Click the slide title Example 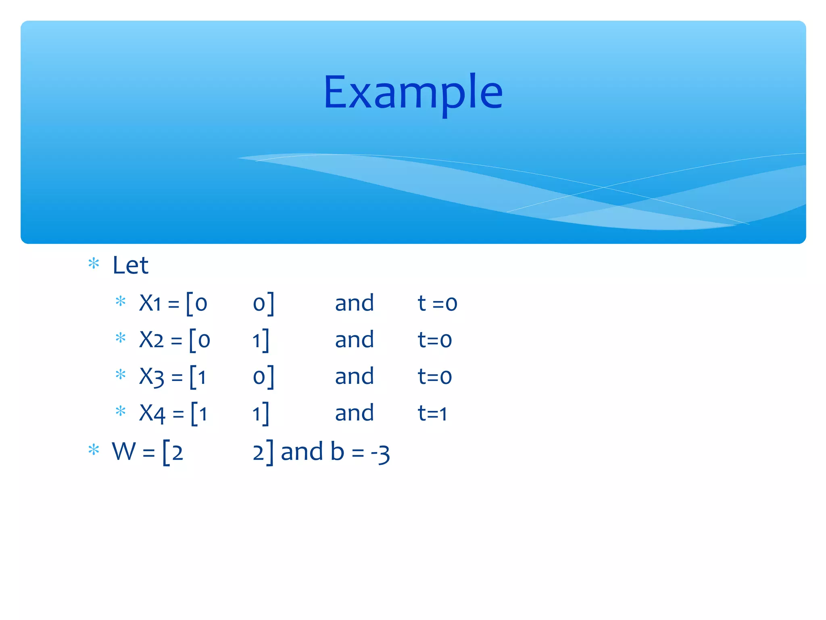pos(413,93)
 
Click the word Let pos(130,265)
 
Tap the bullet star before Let pos(94,264)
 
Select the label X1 pos(150,303)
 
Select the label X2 pos(151,339)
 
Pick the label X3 pos(152,377)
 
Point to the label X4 pos(152,413)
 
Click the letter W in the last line pos(124,451)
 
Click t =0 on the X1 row pos(437,303)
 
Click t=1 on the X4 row pos(432,413)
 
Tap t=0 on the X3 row pos(434,376)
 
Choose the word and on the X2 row pos(354,339)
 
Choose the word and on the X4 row pos(354,413)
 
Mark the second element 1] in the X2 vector pos(261,340)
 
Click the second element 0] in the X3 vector pos(263,377)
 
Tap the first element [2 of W pos(173,452)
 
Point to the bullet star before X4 pos(120,411)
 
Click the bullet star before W pos(94,449)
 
